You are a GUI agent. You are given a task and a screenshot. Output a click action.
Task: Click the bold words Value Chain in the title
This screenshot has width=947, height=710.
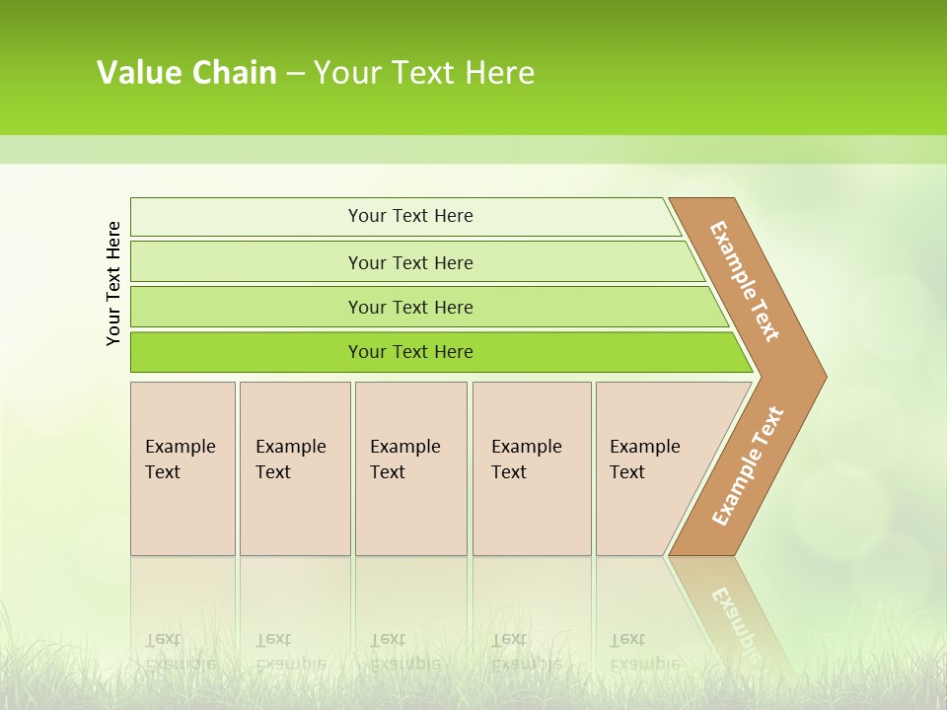click(186, 73)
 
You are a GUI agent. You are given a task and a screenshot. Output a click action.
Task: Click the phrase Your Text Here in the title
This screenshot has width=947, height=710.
click(424, 73)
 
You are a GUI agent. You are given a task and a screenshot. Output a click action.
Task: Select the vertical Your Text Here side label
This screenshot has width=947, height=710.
click(114, 283)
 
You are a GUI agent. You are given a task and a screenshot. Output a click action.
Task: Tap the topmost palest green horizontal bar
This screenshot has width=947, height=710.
click(247, 217)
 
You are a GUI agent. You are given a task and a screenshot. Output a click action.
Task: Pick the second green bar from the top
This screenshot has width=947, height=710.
click(247, 261)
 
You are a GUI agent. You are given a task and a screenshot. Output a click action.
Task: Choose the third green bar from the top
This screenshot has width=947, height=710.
click(247, 307)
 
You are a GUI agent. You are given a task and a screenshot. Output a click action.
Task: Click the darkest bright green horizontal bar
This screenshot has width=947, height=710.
click(247, 352)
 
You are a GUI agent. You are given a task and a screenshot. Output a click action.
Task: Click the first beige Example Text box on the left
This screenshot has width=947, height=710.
click(182, 468)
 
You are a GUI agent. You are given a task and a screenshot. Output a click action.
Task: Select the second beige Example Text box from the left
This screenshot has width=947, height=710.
click(295, 468)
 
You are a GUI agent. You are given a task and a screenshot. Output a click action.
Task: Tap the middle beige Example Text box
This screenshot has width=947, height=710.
click(410, 468)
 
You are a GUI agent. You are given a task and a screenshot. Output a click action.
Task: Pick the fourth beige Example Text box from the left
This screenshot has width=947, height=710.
click(532, 468)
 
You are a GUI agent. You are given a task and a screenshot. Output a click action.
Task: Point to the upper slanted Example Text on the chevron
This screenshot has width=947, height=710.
click(745, 281)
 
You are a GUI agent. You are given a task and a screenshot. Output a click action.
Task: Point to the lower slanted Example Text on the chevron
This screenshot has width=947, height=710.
click(748, 465)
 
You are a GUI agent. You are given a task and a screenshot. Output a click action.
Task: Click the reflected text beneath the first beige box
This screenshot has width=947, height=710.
click(180, 651)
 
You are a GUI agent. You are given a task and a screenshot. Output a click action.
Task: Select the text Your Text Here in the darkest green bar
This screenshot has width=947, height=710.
click(410, 352)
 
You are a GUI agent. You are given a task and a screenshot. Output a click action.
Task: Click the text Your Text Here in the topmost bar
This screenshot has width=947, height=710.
click(410, 216)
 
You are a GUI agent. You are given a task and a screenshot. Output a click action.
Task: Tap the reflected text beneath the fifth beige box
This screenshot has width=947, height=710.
click(643, 651)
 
